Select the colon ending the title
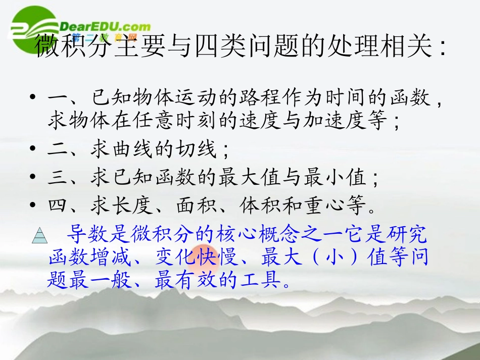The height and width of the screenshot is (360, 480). (443, 48)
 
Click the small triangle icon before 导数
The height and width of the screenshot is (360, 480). (39, 235)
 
